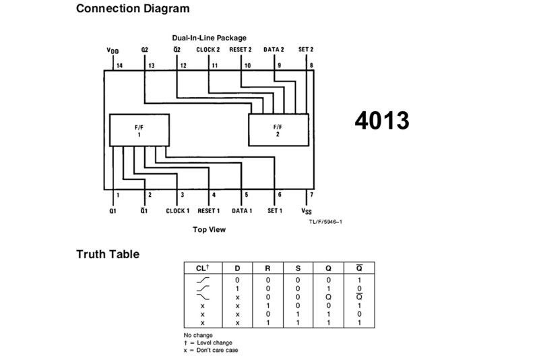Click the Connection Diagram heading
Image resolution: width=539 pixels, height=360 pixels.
tap(133, 9)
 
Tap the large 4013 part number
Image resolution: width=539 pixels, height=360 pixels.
tap(381, 121)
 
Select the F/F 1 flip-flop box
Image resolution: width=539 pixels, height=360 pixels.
tap(139, 129)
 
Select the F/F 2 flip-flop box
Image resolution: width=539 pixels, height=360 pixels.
tap(278, 129)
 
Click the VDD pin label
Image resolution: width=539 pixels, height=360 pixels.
tap(112, 51)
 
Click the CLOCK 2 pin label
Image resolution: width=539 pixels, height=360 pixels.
tap(208, 49)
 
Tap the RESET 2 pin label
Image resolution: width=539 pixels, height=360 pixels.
tap(241, 49)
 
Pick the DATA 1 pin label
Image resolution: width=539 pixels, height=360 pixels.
tap(242, 210)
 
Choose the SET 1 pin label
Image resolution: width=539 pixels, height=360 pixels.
tap(275, 210)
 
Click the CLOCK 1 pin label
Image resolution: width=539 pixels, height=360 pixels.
tap(178, 210)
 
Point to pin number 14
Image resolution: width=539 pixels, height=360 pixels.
tap(119, 65)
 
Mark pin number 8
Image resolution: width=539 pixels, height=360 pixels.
tap(311, 65)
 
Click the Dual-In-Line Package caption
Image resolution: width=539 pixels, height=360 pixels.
tap(209, 38)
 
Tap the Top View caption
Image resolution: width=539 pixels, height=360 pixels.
tap(210, 229)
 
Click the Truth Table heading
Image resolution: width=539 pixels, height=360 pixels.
tap(108, 254)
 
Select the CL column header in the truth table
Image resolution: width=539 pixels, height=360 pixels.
tap(202, 268)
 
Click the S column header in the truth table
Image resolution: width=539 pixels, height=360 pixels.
tap(298, 268)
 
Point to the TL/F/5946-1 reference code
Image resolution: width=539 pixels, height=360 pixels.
tap(325, 222)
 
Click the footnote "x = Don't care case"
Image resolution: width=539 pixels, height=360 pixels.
tap(210, 350)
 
